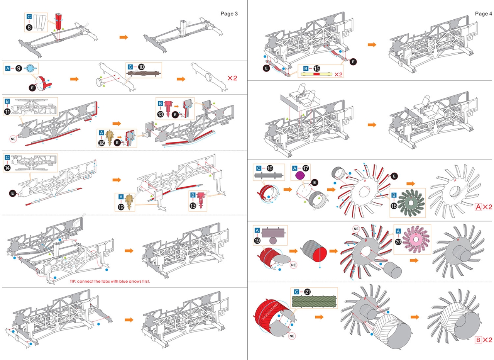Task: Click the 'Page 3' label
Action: pyautogui.click(x=229, y=14)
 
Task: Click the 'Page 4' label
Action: pyautogui.click(x=484, y=14)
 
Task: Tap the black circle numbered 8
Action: pyautogui.click(x=29, y=27)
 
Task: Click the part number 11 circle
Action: pyautogui.click(x=7, y=112)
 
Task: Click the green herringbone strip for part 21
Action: pyautogui.click(x=314, y=302)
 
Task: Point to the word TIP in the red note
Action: pyautogui.click(x=73, y=282)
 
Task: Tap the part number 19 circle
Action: pyautogui.click(x=257, y=241)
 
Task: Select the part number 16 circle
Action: pyautogui.click(x=269, y=168)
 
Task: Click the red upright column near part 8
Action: pyautogui.click(x=59, y=22)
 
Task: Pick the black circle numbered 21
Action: pyautogui.click(x=307, y=292)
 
